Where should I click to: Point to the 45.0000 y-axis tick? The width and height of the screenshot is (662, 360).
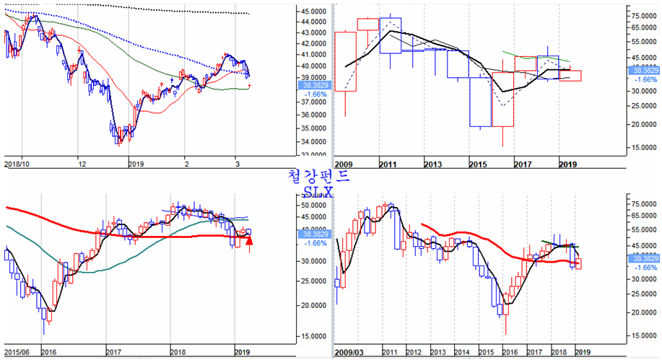pyautogui.click(x=313, y=12)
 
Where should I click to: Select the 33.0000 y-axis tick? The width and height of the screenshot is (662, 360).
pyautogui.click(x=313, y=154)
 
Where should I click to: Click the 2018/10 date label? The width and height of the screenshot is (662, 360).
pyautogui.click(x=17, y=164)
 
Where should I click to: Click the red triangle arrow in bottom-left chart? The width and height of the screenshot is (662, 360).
pyautogui.click(x=249, y=240)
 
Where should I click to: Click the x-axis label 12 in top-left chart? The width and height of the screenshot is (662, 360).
pyautogui.click(x=82, y=164)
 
